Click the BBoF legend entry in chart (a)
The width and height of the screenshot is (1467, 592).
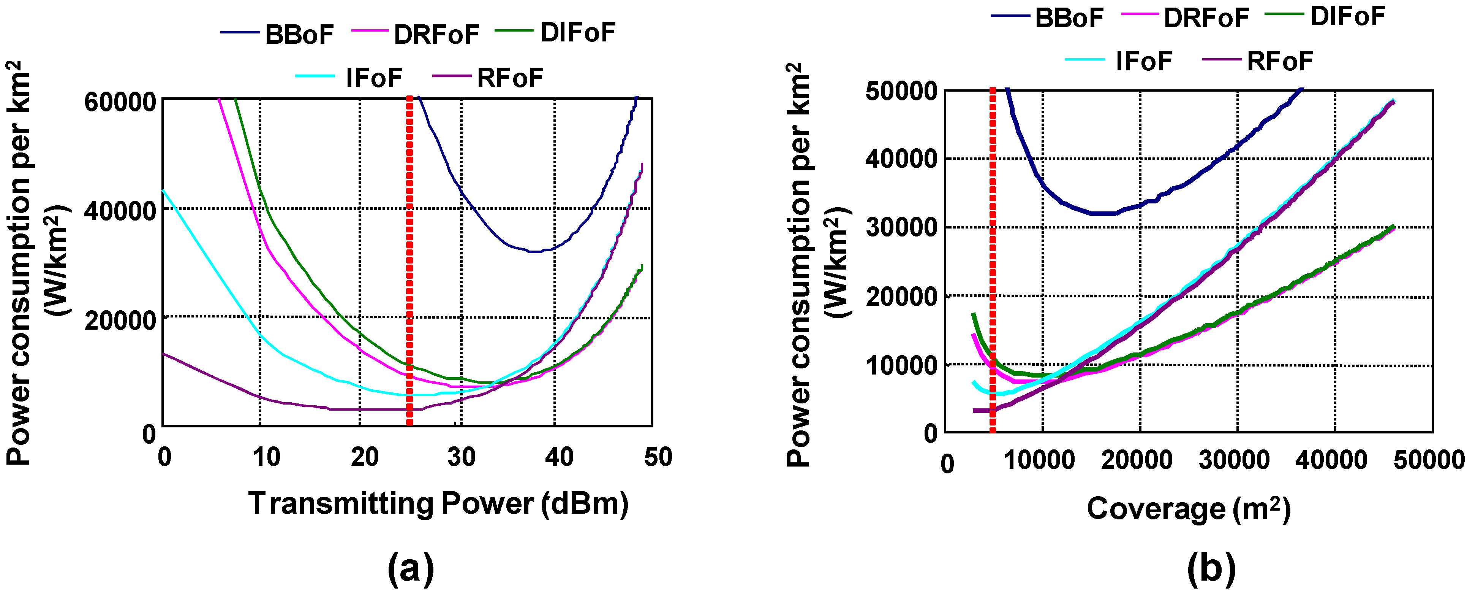[x=299, y=35]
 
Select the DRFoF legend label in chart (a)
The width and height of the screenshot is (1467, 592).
[x=436, y=35]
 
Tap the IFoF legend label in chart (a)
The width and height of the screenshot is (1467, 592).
[x=373, y=78]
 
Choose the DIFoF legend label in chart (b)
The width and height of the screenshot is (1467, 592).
[x=1347, y=16]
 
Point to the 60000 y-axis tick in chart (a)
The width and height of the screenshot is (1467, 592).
[x=120, y=103]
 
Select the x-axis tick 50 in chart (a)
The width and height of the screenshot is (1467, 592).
[x=658, y=457]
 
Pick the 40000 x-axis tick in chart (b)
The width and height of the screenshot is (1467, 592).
[x=1331, y=460]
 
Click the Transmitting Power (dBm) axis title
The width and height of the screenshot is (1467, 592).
[x=438, y=504]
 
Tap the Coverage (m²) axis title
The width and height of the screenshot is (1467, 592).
[x=1189, y=508]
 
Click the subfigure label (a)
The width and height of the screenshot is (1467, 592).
[x=411, y=568]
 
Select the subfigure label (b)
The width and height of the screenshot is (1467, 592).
[x=1211, y=568]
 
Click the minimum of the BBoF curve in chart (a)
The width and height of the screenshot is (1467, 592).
[x=535, y=251]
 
